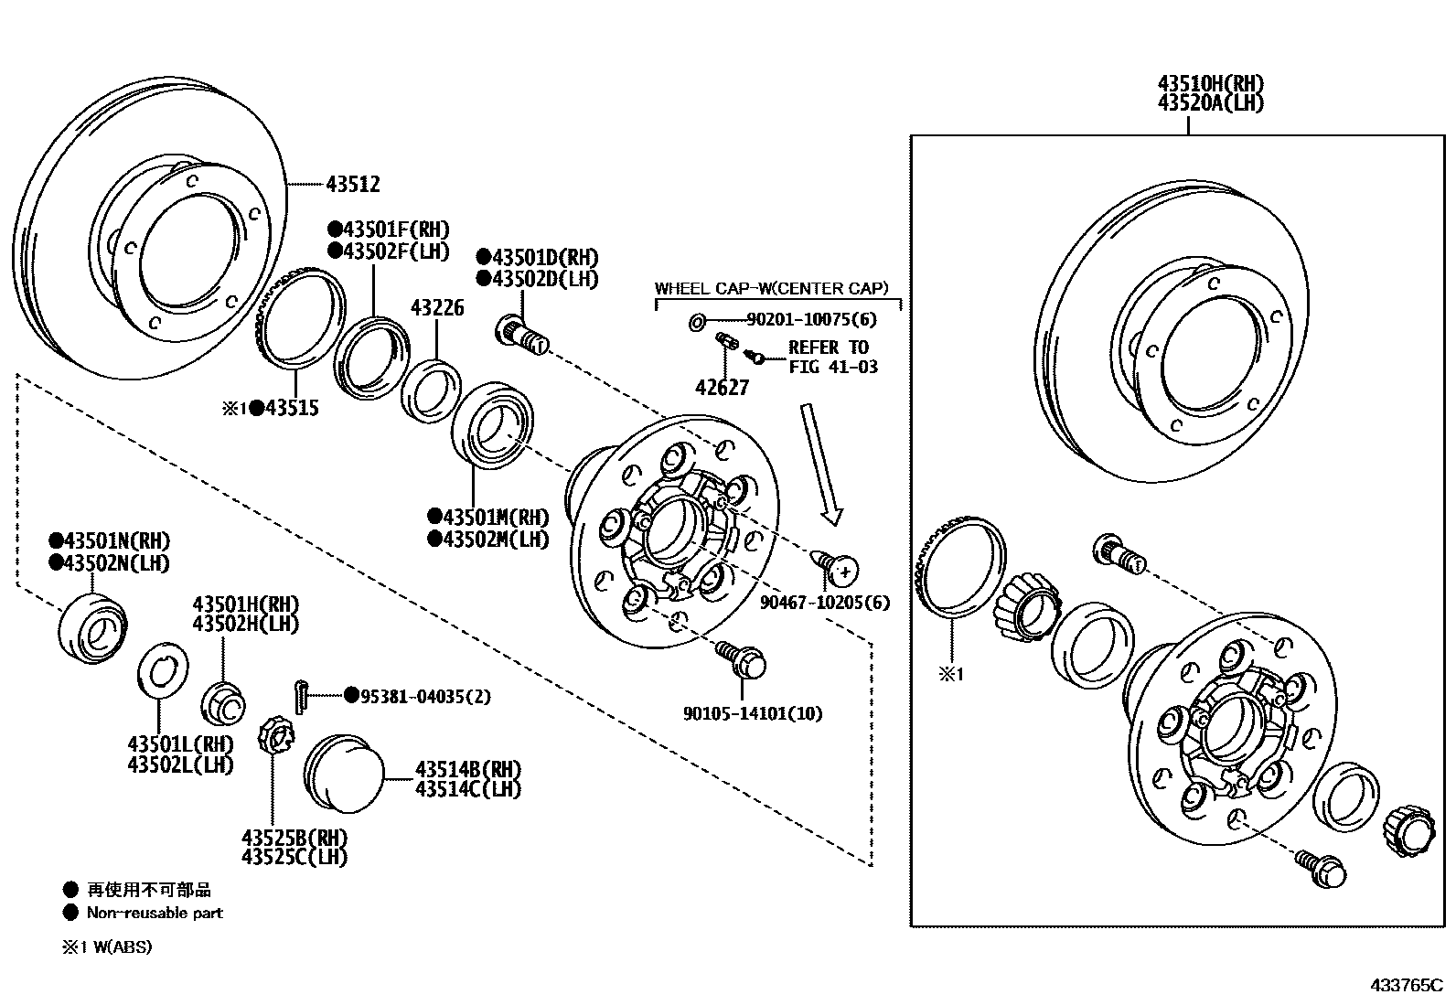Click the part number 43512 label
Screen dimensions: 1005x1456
coord(352,185)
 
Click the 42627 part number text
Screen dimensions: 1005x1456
coord(722,388)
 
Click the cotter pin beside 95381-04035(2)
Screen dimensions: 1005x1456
coord(303,694)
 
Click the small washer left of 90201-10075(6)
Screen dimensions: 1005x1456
coord(695,321)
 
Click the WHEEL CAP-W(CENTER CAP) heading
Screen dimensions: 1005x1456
coord(771,289)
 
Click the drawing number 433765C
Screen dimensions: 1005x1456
coord(1406,985)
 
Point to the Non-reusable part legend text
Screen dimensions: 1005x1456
coord(155,913)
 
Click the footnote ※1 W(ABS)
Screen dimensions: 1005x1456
coord(107,947)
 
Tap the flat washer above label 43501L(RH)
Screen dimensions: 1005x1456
coord(164,676)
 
